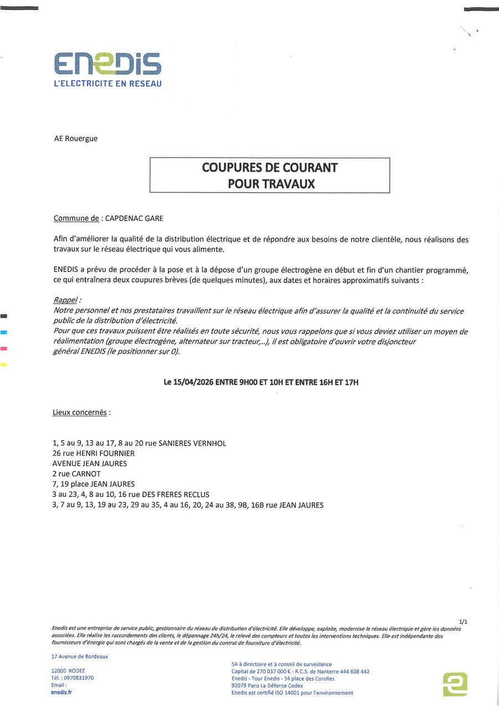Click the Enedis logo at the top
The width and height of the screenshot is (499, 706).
pos(108,64)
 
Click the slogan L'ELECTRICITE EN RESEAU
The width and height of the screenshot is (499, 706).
pos(108,84)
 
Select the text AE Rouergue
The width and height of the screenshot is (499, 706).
pos(75,139)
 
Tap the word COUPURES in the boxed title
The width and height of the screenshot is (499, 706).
pos(232,167)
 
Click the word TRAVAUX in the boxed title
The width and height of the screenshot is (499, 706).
pos(287,184)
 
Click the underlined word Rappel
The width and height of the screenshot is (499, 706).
pos(65,300)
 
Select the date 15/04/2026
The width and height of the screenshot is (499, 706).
pos(196,382)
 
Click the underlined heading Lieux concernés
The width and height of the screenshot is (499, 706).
pos(80,413)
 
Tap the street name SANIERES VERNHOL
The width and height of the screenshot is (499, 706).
pos(192,443)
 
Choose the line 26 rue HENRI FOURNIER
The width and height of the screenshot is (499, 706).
pos(93,453)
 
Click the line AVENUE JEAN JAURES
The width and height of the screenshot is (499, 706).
pos(89,463)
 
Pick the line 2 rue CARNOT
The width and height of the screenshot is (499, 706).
pos(77,474)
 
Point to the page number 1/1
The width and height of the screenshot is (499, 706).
pos(464,622)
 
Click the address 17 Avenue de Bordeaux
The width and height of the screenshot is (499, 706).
pos(79,657)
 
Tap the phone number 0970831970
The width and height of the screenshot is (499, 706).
pos(79,678)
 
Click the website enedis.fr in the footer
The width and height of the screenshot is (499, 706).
pos(62,692)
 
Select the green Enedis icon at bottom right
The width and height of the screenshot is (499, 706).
pos(455,684)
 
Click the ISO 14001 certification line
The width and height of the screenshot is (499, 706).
pos(292,693)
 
